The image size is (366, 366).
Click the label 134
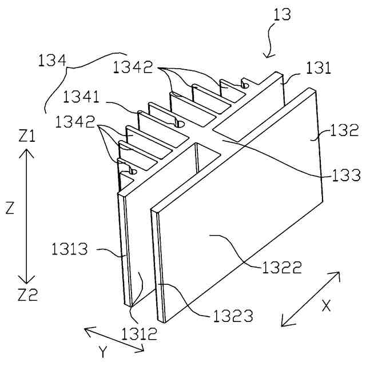52,59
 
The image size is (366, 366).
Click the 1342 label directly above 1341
133,67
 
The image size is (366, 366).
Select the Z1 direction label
27,136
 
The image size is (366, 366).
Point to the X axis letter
326,306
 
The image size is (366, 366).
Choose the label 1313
70,249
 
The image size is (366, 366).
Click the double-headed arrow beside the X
308,300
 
